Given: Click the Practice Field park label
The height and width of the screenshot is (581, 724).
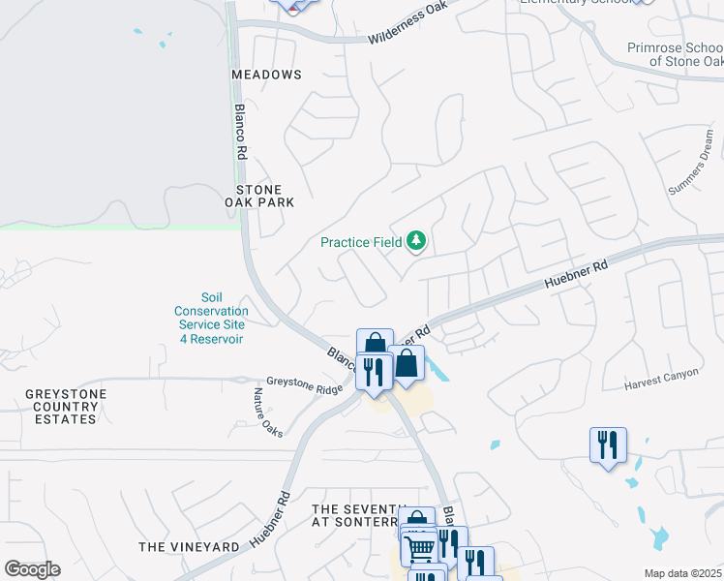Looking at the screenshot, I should [x=361, y=241].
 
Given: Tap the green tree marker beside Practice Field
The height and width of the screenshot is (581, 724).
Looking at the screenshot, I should [x=416, y=240].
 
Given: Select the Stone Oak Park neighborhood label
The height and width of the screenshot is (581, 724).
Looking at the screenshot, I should [x=259, y=196].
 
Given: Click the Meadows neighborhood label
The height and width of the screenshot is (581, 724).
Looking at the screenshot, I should [x=266, y=75].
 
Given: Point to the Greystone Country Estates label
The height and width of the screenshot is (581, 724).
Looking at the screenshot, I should [x=66, y=406].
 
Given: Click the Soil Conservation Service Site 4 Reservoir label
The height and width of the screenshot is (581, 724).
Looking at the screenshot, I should [x=211, y=319].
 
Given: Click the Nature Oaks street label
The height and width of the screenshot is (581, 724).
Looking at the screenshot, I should [x=268, y=413].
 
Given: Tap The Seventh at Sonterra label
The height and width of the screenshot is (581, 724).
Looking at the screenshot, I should [x=357, y=515].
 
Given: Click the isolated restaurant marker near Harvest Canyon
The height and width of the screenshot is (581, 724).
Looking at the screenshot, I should [x=608, y=444].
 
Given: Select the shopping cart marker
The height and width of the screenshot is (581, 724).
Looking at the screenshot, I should [x=418, y=547].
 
